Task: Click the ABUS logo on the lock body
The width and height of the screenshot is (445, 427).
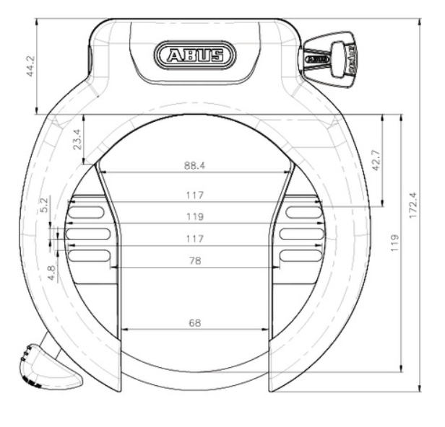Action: pos(195,55)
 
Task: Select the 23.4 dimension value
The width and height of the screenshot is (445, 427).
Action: pos(77,139)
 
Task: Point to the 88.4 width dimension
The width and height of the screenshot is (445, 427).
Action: pos(195,165)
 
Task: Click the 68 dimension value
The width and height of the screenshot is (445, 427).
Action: pos(195,322)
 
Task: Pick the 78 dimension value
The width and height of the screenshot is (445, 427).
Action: pos(195,260)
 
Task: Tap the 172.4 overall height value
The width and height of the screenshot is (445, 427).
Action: pos(412,205)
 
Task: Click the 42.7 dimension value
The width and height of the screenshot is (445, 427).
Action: pos(376,160)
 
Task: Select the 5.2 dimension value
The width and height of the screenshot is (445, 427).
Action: pos(45,205)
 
